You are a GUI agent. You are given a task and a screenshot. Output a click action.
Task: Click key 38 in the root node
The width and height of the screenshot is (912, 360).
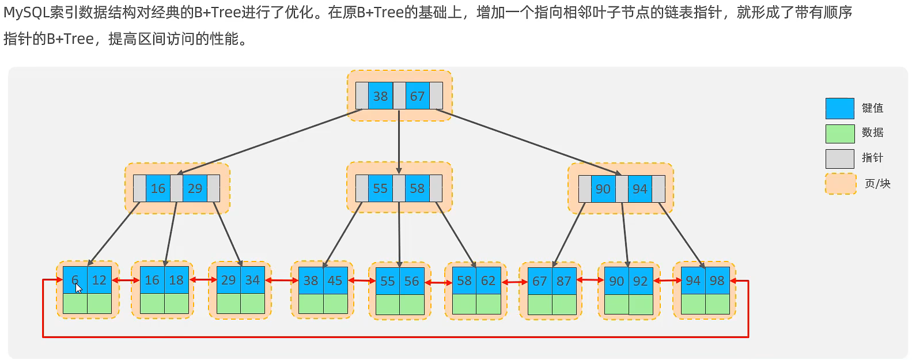click(380, 96)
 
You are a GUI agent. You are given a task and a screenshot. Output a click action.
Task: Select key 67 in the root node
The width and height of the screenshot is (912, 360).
click(417, 96)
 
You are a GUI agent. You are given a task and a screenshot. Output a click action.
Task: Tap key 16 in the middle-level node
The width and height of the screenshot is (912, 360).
click(158, 188)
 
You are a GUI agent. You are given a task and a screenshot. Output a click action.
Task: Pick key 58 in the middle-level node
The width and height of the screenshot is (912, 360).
click(417, 188)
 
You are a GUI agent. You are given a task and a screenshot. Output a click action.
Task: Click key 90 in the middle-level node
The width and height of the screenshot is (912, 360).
click(603, 189)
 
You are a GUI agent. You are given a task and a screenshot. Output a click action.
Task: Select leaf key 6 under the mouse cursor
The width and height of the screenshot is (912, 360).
click(75, 280)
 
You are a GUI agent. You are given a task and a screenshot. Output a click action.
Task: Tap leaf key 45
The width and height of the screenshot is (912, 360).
click(335, 281)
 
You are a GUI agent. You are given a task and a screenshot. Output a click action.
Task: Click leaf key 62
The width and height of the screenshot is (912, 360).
click(489, 281)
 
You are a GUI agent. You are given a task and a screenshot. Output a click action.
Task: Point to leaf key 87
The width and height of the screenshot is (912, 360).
click(564, 281)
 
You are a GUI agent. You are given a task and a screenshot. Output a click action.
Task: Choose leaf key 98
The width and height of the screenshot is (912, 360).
click(717, 281)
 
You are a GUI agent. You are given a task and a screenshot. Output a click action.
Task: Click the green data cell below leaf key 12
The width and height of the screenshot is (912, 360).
click(99, 304)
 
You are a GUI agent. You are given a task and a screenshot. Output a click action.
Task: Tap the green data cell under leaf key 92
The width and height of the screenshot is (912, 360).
click(641, 305)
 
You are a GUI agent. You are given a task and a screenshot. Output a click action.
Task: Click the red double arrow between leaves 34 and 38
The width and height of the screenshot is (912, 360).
click(282, 281)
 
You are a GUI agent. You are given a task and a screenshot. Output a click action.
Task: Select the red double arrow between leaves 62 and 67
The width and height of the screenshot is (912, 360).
click(514, 282)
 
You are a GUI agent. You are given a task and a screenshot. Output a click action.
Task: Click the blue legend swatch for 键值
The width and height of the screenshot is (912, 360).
click(839, 108)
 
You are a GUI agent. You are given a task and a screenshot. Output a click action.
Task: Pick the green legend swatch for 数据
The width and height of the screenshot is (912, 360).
click(839, 134)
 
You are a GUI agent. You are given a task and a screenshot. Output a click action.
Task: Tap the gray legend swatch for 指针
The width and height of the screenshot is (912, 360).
click(839, 158)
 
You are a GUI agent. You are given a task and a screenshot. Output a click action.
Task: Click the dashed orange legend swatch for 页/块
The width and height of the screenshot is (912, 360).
click(841, 184)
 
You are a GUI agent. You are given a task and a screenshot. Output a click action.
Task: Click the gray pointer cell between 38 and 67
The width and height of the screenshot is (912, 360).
click(399, 96)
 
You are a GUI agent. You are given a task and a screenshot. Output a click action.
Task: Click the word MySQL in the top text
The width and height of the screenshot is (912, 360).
click(24, 13)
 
